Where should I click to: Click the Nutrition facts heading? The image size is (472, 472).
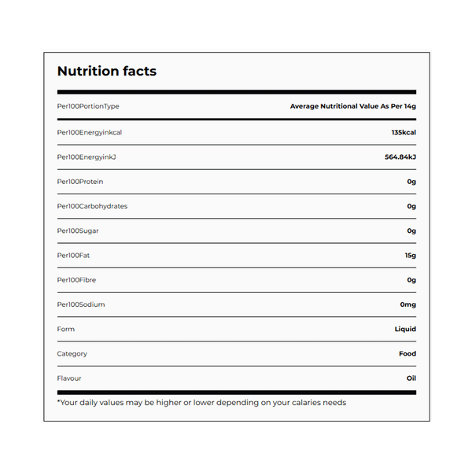(107, 72)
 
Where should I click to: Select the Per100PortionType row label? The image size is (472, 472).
(88, 106)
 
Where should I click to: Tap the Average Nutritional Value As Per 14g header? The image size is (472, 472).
(352, 106)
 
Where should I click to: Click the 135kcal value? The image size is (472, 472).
(404, 132)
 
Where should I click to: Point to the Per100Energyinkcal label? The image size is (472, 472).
(90, 132)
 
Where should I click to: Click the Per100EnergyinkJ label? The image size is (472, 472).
(87, 157)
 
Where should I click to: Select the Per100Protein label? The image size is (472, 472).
(80, 182)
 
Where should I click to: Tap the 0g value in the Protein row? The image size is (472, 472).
(411, 182)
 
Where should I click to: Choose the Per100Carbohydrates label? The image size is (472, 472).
(92, 206)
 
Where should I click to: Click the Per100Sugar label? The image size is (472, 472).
(78, 230)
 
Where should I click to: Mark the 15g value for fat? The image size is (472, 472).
(410, 256)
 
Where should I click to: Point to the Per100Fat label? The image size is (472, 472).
(74, 256)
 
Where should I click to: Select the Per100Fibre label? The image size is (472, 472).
(76, 280)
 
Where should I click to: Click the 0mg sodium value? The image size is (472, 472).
(407, 304)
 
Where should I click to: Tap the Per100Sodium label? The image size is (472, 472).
(81, 304)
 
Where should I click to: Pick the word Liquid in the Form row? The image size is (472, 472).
(405, 329)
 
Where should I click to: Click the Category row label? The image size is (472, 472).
(72, 354)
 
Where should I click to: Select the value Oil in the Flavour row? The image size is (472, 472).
(411, 378)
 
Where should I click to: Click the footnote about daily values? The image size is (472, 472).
(201, 403)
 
